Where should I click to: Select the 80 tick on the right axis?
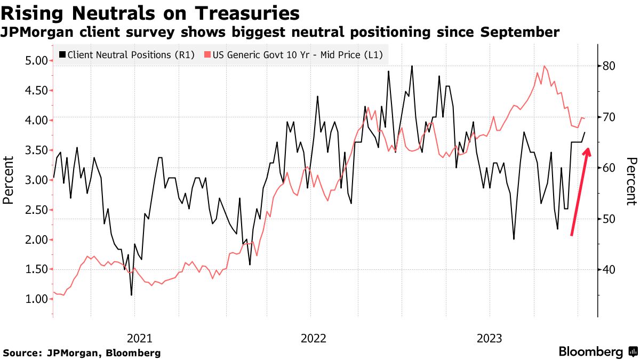point(610,66)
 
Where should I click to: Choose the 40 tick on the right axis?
point(610,270)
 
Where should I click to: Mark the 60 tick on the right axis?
point(610,168)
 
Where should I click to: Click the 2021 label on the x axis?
point(140,338)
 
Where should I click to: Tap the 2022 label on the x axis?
point(314,338)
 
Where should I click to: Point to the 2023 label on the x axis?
point(489,338)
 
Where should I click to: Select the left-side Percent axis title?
point(8,180)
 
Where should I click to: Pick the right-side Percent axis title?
point(631,181)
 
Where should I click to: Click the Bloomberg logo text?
point(590,352)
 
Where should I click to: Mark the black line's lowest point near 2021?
point(131,295)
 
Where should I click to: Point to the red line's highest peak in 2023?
point(545,66)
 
